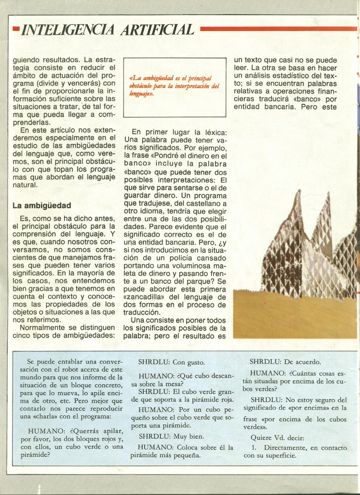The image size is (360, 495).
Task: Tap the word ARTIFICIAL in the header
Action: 158,30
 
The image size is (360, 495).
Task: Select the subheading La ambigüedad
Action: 42,206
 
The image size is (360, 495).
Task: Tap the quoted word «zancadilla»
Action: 142,297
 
